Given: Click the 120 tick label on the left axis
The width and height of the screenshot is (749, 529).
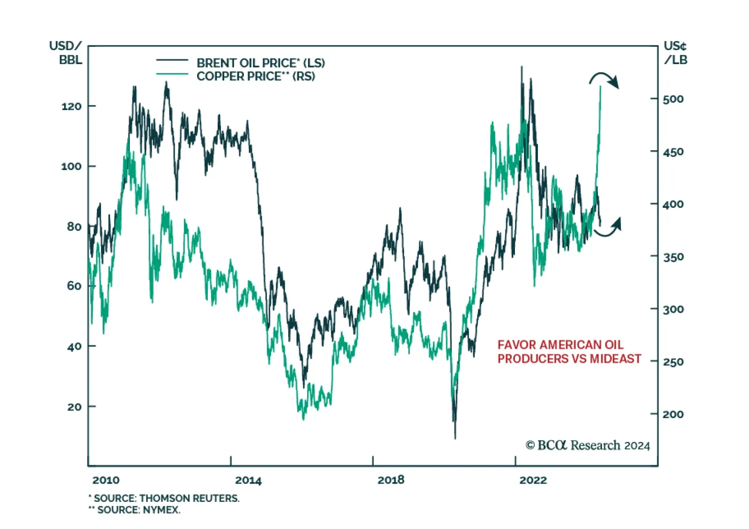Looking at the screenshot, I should point(71,106).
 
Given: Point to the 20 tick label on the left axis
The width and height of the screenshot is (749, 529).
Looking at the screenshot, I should point(74,407).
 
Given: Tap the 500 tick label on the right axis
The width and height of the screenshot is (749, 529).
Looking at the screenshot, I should point(673,99).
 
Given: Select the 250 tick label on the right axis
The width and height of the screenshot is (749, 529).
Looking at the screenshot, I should point(673,362).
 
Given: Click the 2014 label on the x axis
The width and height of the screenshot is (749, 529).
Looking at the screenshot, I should point(248,480).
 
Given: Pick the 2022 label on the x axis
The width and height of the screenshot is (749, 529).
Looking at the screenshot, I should point(533,480).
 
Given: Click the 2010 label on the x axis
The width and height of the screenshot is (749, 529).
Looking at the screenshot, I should point(106,480).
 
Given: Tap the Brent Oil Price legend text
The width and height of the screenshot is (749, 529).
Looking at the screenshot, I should point(260,63).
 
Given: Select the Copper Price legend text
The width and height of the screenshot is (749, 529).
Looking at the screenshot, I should point(256,76).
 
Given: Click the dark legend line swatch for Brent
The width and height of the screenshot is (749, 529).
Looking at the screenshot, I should point(172,60).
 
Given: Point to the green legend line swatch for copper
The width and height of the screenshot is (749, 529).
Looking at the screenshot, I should point(172,74).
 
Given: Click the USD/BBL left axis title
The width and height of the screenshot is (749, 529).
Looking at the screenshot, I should point(66,53).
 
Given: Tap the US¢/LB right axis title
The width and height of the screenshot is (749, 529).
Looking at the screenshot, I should point(676,53).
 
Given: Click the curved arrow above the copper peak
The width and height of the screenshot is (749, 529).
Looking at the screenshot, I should point(604,79).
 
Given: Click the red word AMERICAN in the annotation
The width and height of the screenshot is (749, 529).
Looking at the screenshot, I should point(564,345).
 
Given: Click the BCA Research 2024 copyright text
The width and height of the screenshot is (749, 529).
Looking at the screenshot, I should point(587,445).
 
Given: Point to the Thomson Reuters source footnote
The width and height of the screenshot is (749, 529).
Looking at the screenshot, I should point(165,498).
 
